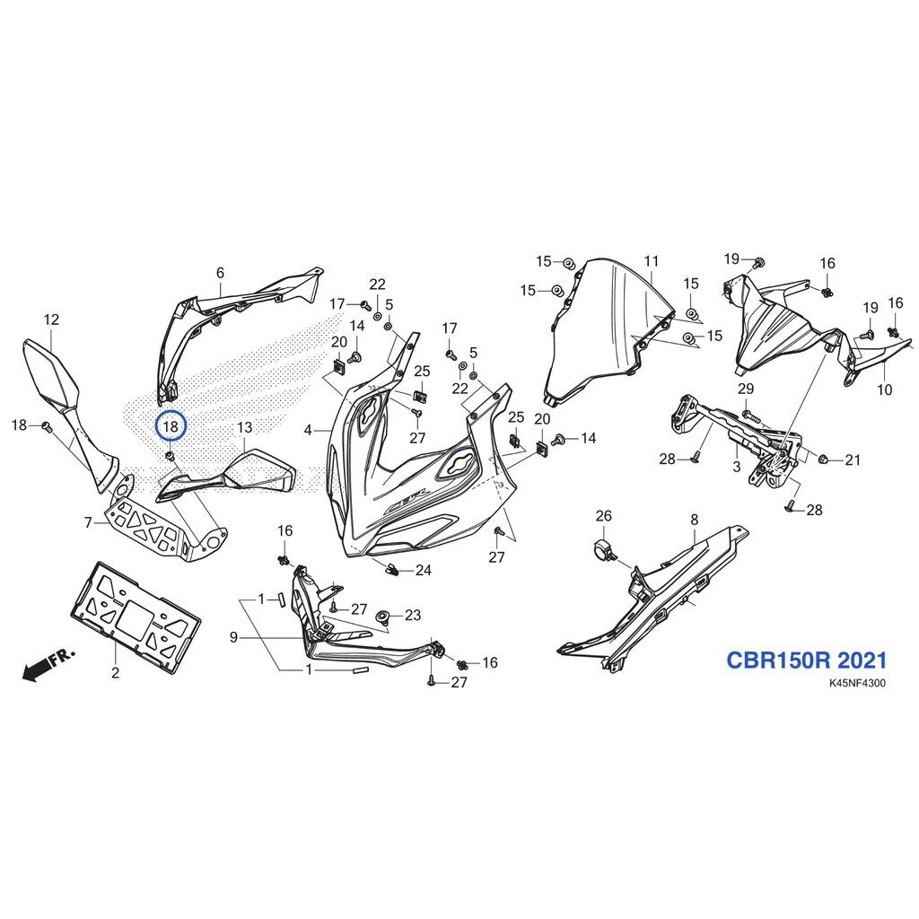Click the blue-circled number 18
(x=171, y=426)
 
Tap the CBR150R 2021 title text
(x=807, y=660)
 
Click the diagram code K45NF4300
(x=857, y=683)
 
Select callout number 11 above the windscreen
(x=652, y=261)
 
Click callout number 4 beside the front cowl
(x=309, y=430)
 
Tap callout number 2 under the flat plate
(x=116, y=673)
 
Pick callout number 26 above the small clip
(x=604, y=516)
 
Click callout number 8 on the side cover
(x=695, y=520)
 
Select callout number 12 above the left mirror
(x=51, y=320)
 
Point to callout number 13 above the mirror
(x=244, y=428)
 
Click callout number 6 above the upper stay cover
(x=221, y=273)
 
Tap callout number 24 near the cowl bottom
(x=424, y=570)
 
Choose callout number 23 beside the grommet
(x=413, y=615)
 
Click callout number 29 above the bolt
(x=746, y=389)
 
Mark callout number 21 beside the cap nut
(x=853, y=460)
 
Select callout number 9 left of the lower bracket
(x=234, y=637)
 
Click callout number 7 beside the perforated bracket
(x=89, y=521)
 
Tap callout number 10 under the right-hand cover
(x=884, y=389)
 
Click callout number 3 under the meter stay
(x=737, y=467)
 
